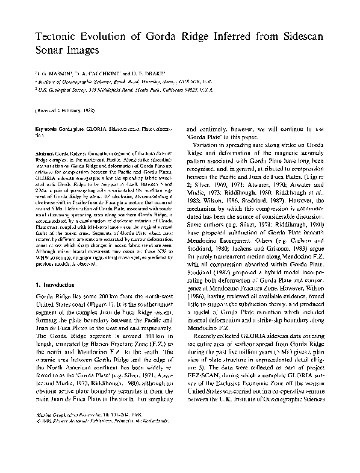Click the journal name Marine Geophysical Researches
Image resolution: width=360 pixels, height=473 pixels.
(x=72, y=448)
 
